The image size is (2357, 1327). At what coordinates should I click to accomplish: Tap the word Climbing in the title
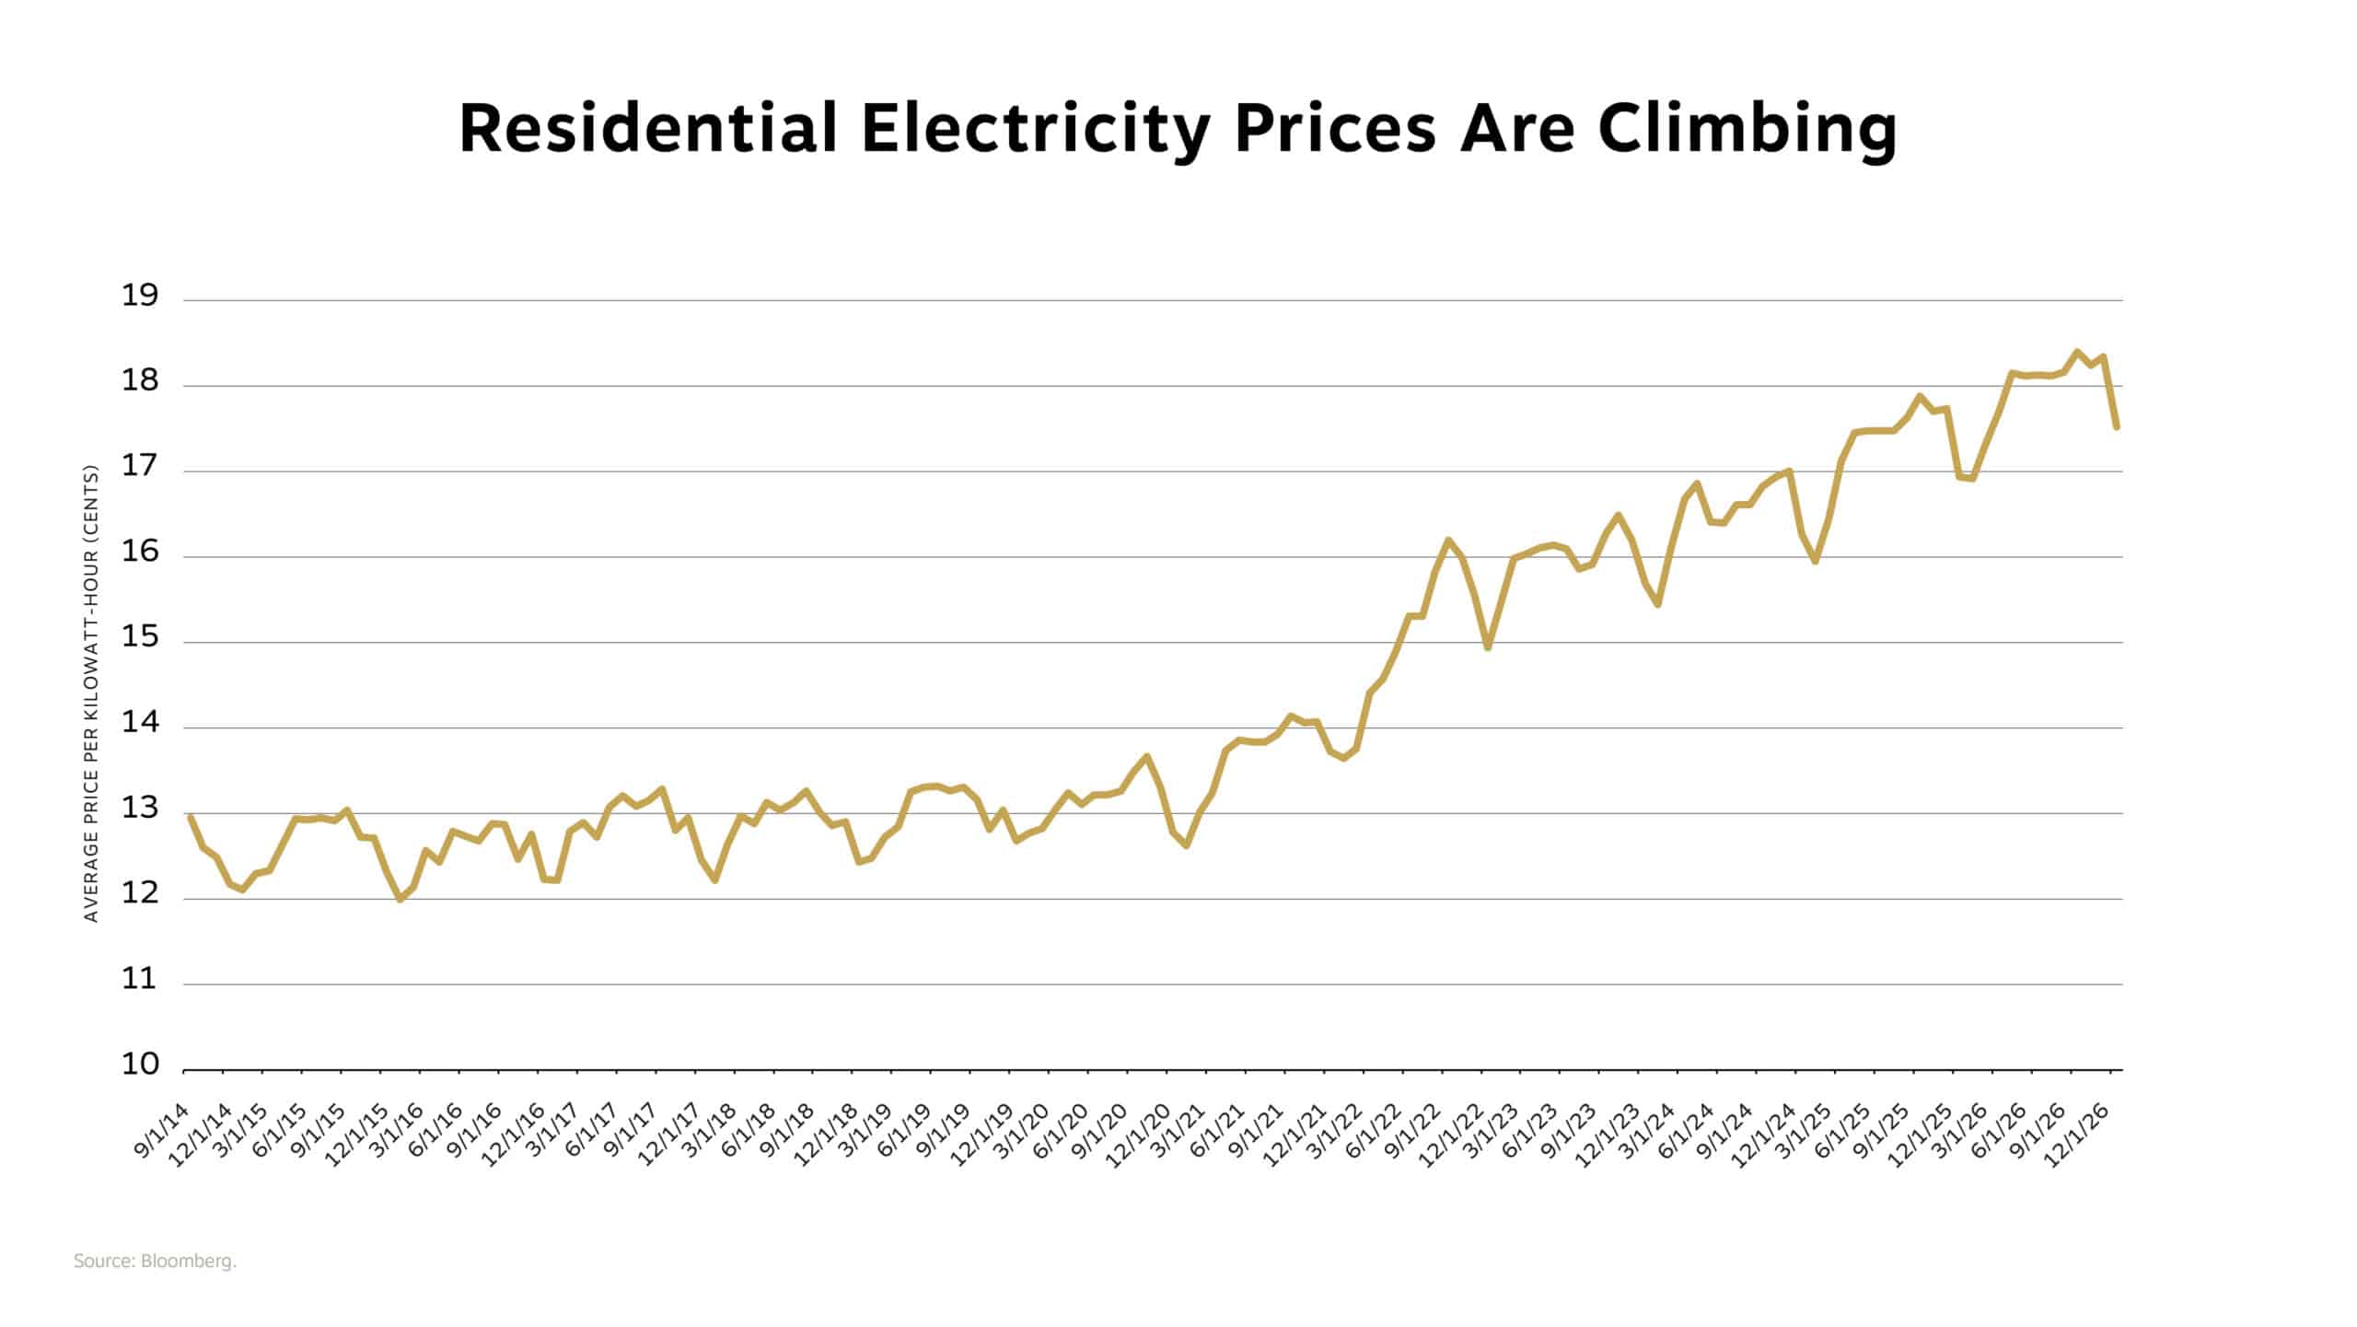[x=1747, y=130]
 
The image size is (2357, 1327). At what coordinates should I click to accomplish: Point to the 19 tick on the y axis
[x=140, y=297]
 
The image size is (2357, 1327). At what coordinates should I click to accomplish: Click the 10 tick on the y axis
[x=140, y=1065]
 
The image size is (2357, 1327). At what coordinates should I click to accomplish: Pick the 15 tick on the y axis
[x=140, y=638]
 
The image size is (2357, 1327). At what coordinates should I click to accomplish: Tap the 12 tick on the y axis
[x=140, y=894]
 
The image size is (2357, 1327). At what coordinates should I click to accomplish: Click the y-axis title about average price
[x=90, y=693]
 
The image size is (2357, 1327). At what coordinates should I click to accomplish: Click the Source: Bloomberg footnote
[x=155, y=1262]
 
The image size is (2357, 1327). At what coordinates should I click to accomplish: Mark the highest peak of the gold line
[x=2077, y=352]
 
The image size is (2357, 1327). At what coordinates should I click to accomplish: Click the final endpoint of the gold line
[x=2117, y=426]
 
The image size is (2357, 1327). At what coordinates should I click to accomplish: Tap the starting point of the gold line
[x=190, y=817]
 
